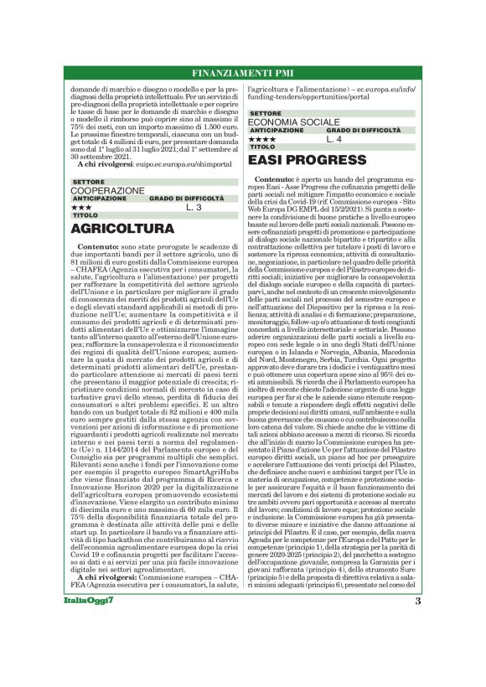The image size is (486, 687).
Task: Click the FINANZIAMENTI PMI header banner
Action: pyautogui.click(x=242, y=75)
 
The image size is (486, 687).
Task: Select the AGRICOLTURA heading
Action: pyautogui.click(x=122, y=229)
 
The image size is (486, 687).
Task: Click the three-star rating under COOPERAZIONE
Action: pyautogui.click(x=81, y=206)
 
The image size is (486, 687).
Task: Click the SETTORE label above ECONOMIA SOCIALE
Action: pyautogui.click(x=266, y=112)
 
